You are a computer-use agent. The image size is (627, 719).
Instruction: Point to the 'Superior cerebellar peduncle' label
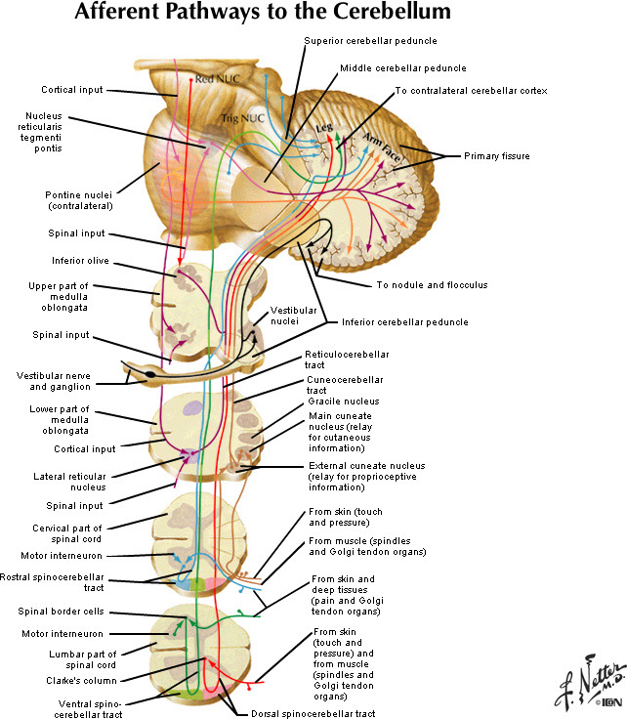point(370,41)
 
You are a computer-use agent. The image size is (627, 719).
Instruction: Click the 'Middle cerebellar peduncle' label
point(403,68)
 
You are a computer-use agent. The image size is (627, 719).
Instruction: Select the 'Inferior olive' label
point(80,261)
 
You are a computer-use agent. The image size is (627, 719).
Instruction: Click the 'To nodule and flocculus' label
point(432,285)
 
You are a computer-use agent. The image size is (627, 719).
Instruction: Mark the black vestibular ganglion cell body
point(149,373)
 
